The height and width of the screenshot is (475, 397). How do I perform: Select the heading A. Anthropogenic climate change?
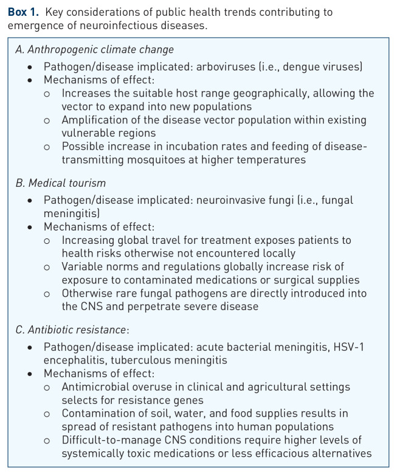[94, 50]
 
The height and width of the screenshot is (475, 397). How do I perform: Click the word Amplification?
[93, 120]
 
